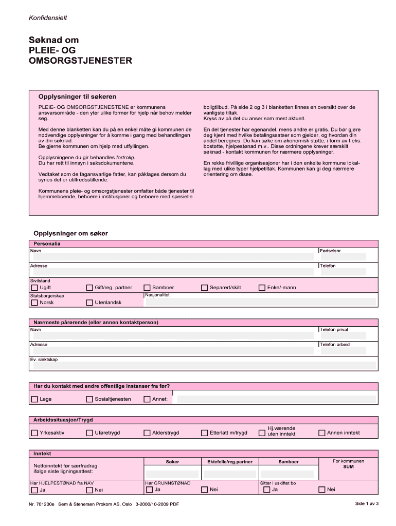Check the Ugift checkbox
(x=34, y=288)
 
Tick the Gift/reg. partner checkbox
(x=89, y=288)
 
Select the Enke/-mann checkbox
(x=262, y=288)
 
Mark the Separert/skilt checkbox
(x=205, y=288)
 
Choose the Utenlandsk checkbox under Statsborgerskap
(x=89, y=303)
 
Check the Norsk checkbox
(x=34, y=303)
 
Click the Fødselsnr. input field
(x=343, y=257)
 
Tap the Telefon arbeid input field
(x=343, y=350)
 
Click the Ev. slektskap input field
(x=203, y=365)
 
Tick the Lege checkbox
(x=34, y=399)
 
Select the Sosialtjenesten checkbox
(x=89, y=399)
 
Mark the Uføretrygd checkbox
(x=89, y=433)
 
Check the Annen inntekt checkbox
(x=322, y=433)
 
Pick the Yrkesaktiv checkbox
(x=34, y=433)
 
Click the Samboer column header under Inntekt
(x=288, y=462)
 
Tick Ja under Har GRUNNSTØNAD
(x=147, y=490)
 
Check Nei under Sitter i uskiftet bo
(x=322, y=490)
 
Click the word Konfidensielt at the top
(x=48, y=18)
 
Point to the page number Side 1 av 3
(x=367, y=504)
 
